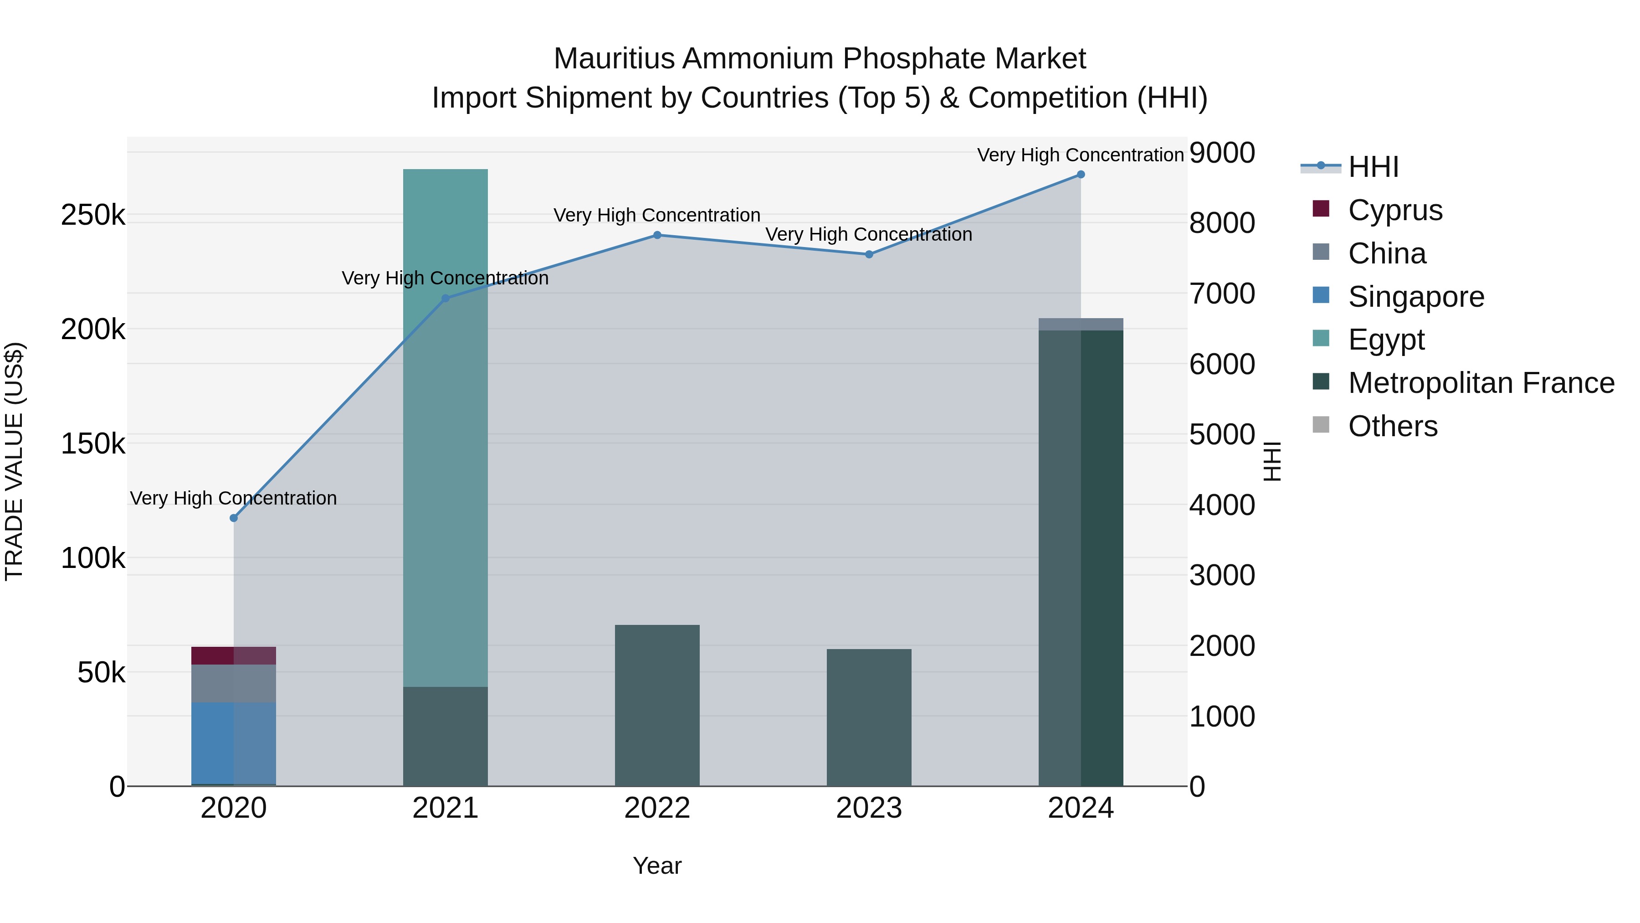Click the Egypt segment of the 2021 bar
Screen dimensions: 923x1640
(x=445, y=427)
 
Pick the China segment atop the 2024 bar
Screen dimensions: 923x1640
(x=1081, y=324)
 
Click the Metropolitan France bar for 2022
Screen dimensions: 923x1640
(x=657, y=705)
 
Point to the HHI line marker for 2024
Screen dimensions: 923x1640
(x=1081, y=175)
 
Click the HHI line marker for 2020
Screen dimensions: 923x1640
(x=234, y=518)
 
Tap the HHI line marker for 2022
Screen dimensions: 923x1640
(x=657, y=235)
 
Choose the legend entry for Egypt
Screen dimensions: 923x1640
(x=1385, y=340)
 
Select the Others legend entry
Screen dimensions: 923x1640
(x=1392, y=426)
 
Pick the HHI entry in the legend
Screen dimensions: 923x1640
(x=1373, y=167)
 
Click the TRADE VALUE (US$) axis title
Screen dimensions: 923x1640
(x=15, y=461)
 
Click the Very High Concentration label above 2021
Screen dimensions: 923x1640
(x=445, y=278)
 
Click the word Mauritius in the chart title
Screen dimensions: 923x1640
(x=614, y=59)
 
